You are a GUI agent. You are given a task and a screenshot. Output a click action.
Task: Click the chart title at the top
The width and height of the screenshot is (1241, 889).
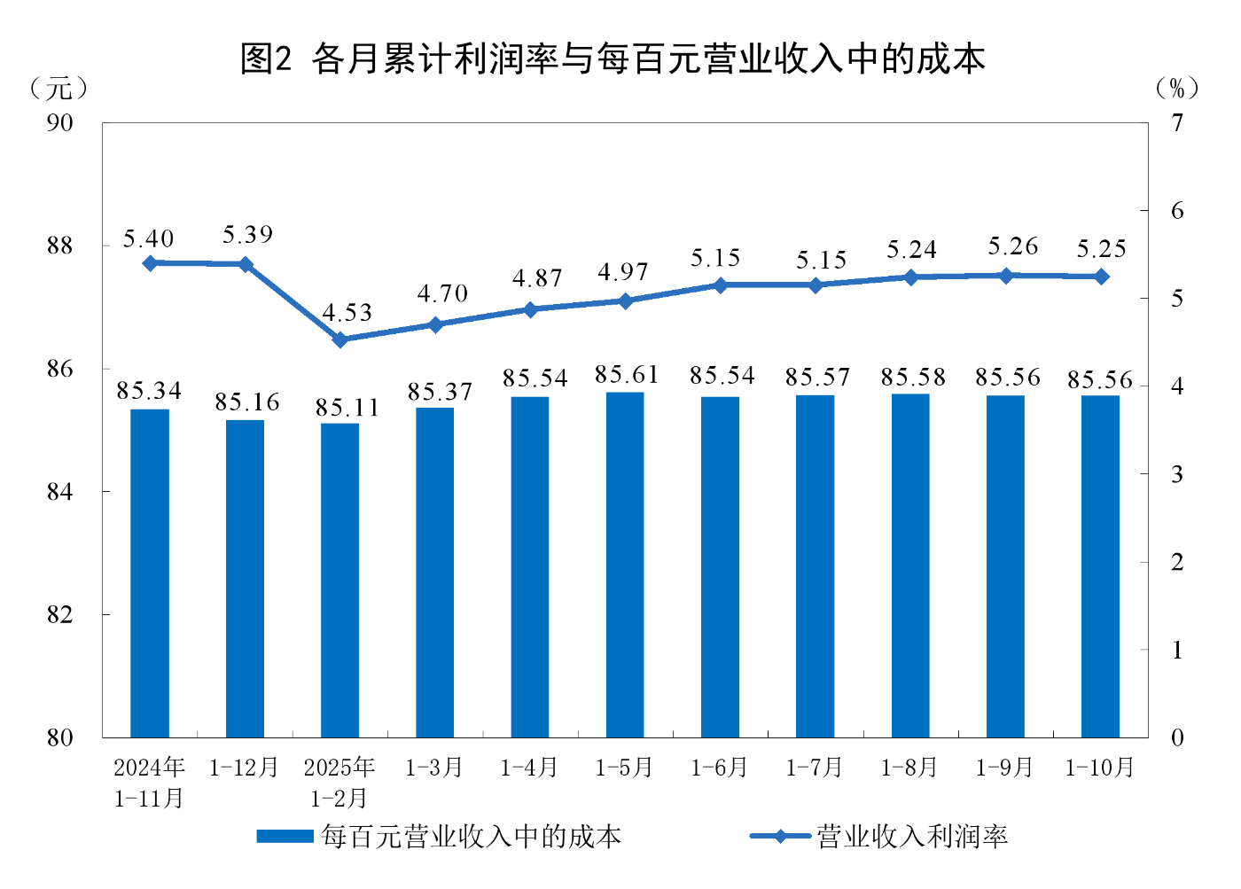(x=613, y=59)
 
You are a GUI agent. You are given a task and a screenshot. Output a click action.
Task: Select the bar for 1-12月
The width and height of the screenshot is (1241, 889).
(x=246, y=578)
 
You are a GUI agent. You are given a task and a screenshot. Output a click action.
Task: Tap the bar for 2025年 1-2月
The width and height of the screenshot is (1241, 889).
(x=340, y=580)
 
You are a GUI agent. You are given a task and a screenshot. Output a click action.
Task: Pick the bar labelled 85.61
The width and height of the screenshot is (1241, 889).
(x=625, y=564)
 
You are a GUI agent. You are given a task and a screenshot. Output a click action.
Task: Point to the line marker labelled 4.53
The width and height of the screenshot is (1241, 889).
(x=340, y=339)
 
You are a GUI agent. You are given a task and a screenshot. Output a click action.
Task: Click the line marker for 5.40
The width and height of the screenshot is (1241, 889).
(x=150, y=263)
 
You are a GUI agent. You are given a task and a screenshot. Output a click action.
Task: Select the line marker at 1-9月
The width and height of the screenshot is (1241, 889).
(x=1005, y=276)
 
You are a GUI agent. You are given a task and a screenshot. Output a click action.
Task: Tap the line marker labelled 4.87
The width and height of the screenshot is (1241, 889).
(x=531, y=309)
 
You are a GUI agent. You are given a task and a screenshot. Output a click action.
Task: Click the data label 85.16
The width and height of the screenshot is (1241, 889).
(x=246, y=402)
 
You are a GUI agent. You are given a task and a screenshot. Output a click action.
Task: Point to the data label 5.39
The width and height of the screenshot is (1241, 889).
(x=247, y=235)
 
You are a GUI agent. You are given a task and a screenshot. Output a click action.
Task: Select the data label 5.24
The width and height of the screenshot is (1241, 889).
(x=911, y=250)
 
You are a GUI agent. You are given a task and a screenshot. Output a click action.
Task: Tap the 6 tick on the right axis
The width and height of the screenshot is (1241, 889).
(x=1176, y=211)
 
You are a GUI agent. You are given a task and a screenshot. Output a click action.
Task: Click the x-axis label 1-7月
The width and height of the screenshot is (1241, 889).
(x=814, y=768)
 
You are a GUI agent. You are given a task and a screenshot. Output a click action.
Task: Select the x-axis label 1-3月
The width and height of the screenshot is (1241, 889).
(x=434, y=768)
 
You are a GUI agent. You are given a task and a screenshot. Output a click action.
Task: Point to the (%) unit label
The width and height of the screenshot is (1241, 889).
(x=1176, y=88)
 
